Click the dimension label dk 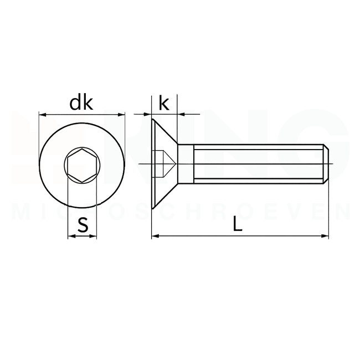pos(81,103)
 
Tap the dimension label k pos(164,102)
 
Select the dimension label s pos(83,225)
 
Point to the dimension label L pos(238,224)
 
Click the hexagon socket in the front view pos(82,164)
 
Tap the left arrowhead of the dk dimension pos(42,115)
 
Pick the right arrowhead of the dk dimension pos(122,115)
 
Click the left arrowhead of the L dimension pos(155,236)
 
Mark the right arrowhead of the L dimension pos(326,236)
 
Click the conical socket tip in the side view pos(172,164)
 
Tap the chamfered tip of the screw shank pos(327,164)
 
